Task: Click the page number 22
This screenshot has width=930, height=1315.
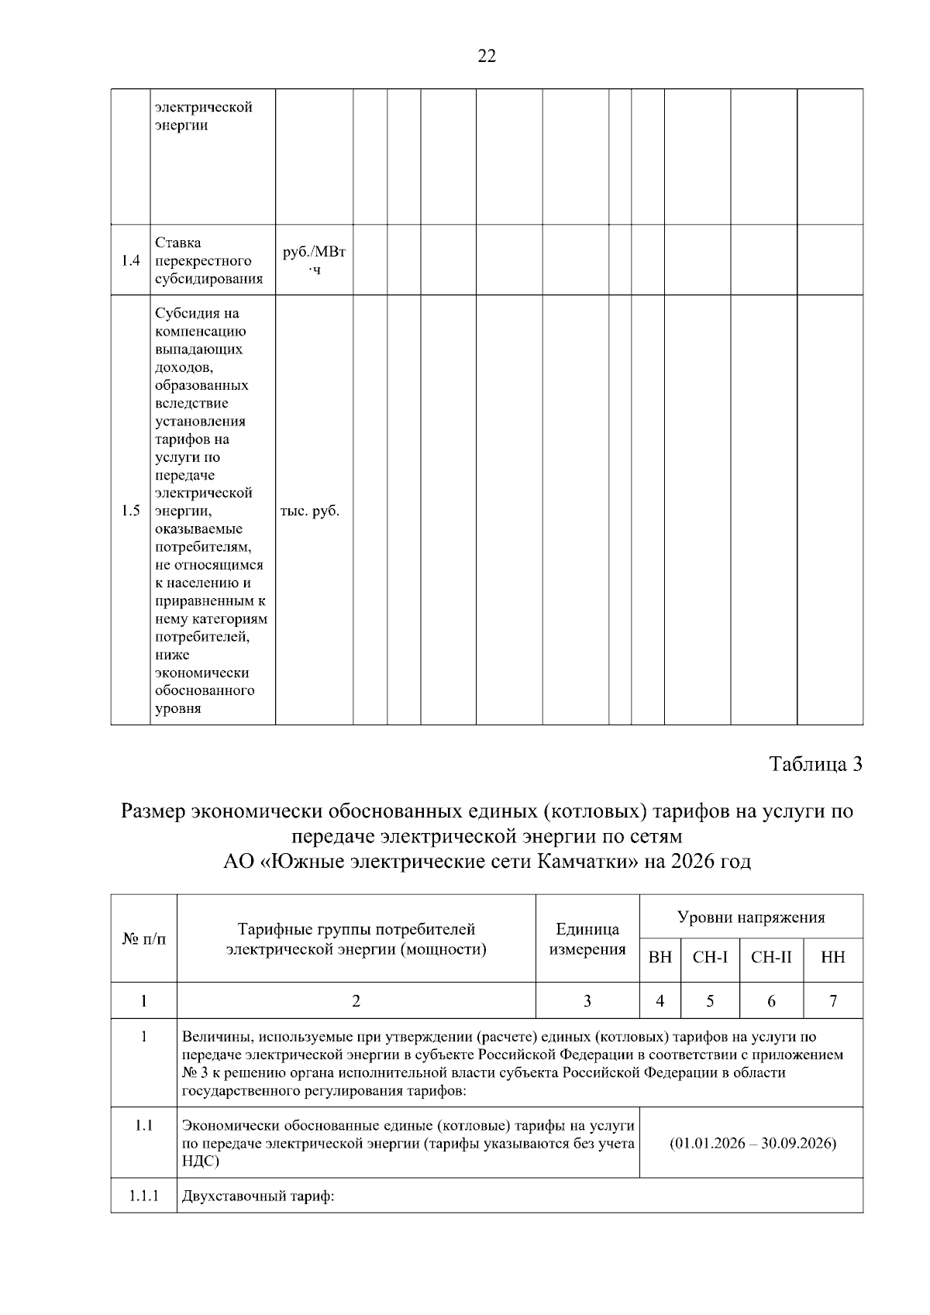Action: (487, 56)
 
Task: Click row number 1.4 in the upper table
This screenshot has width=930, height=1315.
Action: (130, 260)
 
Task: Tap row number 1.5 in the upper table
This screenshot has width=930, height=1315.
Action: (130, 511)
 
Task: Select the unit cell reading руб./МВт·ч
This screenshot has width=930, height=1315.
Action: (314, 260)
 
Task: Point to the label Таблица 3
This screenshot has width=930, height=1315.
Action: (815, 764)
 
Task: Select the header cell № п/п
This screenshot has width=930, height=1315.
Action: (144, 938)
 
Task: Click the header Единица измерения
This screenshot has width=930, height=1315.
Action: (587, 939)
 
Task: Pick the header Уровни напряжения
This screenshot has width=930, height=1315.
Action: (751, 917)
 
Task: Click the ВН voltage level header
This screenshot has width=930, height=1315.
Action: (660, 958)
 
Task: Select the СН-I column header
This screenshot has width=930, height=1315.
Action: (710, 958)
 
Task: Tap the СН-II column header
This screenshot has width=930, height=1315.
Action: (771, 958)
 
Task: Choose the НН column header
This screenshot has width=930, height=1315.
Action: (833, 958)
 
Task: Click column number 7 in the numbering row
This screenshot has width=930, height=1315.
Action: (833, 1001)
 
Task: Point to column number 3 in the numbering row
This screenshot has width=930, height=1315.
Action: (587, 1001)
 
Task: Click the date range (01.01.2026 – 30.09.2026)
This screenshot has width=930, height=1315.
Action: (751, 1143)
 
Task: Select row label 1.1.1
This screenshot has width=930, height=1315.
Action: (144, 1196)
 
